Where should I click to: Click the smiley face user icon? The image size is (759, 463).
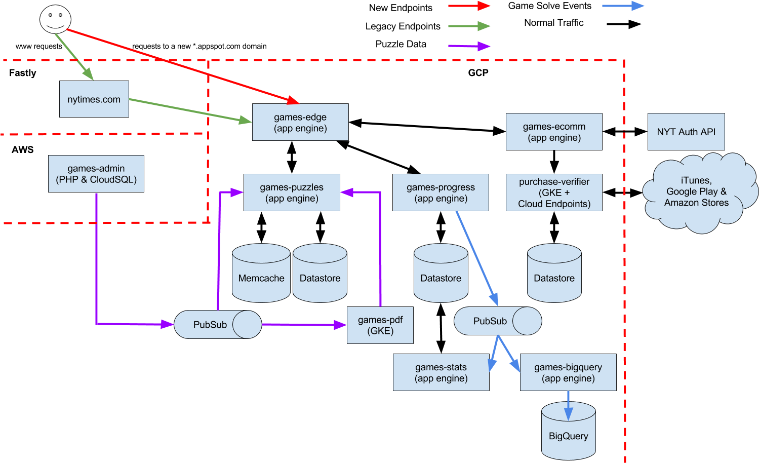[55, 19]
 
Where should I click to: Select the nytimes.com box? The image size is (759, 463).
[94, 99]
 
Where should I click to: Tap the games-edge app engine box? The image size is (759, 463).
[300, 122]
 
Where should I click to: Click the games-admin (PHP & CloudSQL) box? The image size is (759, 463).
[96, 174]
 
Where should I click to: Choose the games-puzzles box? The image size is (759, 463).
[292, 192]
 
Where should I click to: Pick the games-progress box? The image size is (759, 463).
[441, 192]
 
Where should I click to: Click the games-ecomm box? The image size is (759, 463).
[554, 132]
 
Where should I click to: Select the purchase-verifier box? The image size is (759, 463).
[554, 192]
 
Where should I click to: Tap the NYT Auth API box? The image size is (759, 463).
[686, 132]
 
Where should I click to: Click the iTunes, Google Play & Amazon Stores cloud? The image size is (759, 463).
[697, 192]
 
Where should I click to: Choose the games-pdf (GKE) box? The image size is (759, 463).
[380, 325]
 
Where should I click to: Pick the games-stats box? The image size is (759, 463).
[441, 373]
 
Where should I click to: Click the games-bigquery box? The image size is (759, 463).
[568, 373]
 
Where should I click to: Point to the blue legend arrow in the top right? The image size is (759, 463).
[623, 6]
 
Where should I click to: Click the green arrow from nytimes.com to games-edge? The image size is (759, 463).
[190, 110]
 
